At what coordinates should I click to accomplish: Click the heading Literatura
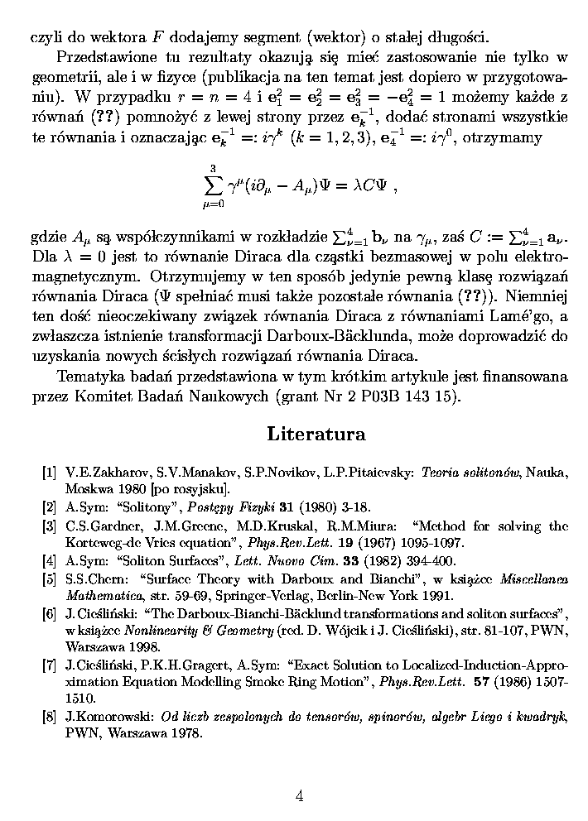point(316,435)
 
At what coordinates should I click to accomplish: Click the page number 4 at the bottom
point(299,796)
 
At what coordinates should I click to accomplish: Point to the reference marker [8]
point(49,717)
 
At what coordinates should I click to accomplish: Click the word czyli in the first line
point(46,38)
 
